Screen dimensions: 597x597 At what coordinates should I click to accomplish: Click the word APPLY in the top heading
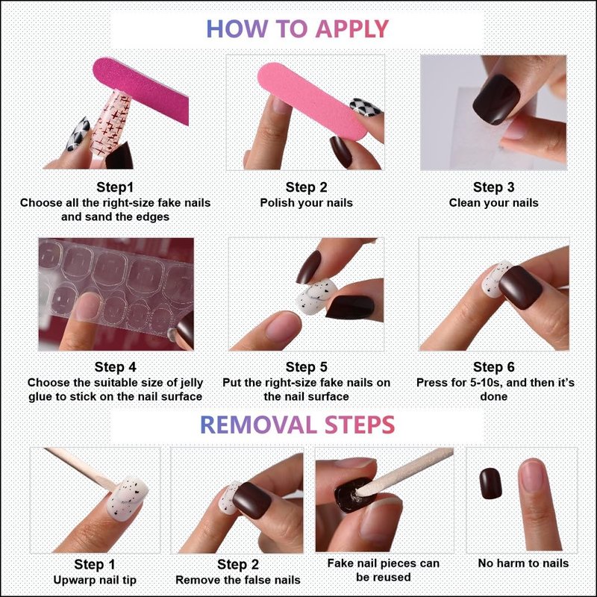point(352,29)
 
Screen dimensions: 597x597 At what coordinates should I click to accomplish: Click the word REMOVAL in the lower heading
point(258,425)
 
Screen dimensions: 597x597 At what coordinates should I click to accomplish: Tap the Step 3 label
point(493,187)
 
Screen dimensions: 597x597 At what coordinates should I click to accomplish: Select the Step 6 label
point(493,367)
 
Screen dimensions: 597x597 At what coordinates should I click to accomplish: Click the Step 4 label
point(115,367)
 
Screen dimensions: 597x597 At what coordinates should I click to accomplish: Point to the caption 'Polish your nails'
point(306,203)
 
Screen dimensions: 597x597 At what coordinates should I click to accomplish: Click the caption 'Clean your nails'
point(493,203)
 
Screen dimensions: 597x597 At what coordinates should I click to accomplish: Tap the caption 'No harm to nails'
point(523,563)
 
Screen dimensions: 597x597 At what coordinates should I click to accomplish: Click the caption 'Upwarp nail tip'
point(95,581)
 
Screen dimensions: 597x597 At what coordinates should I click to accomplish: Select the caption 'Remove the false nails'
point(237,580)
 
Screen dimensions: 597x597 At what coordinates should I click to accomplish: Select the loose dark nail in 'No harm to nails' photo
point(490,484)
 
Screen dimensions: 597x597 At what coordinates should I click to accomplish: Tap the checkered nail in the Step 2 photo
point(366,107)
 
